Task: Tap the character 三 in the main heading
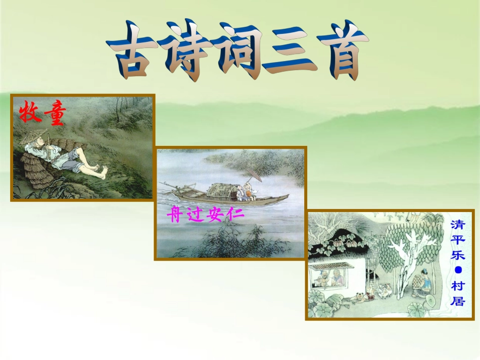pos(289,52)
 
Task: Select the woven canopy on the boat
pos(221,190)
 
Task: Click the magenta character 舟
pos(175,216)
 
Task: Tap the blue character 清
pos(458,224)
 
